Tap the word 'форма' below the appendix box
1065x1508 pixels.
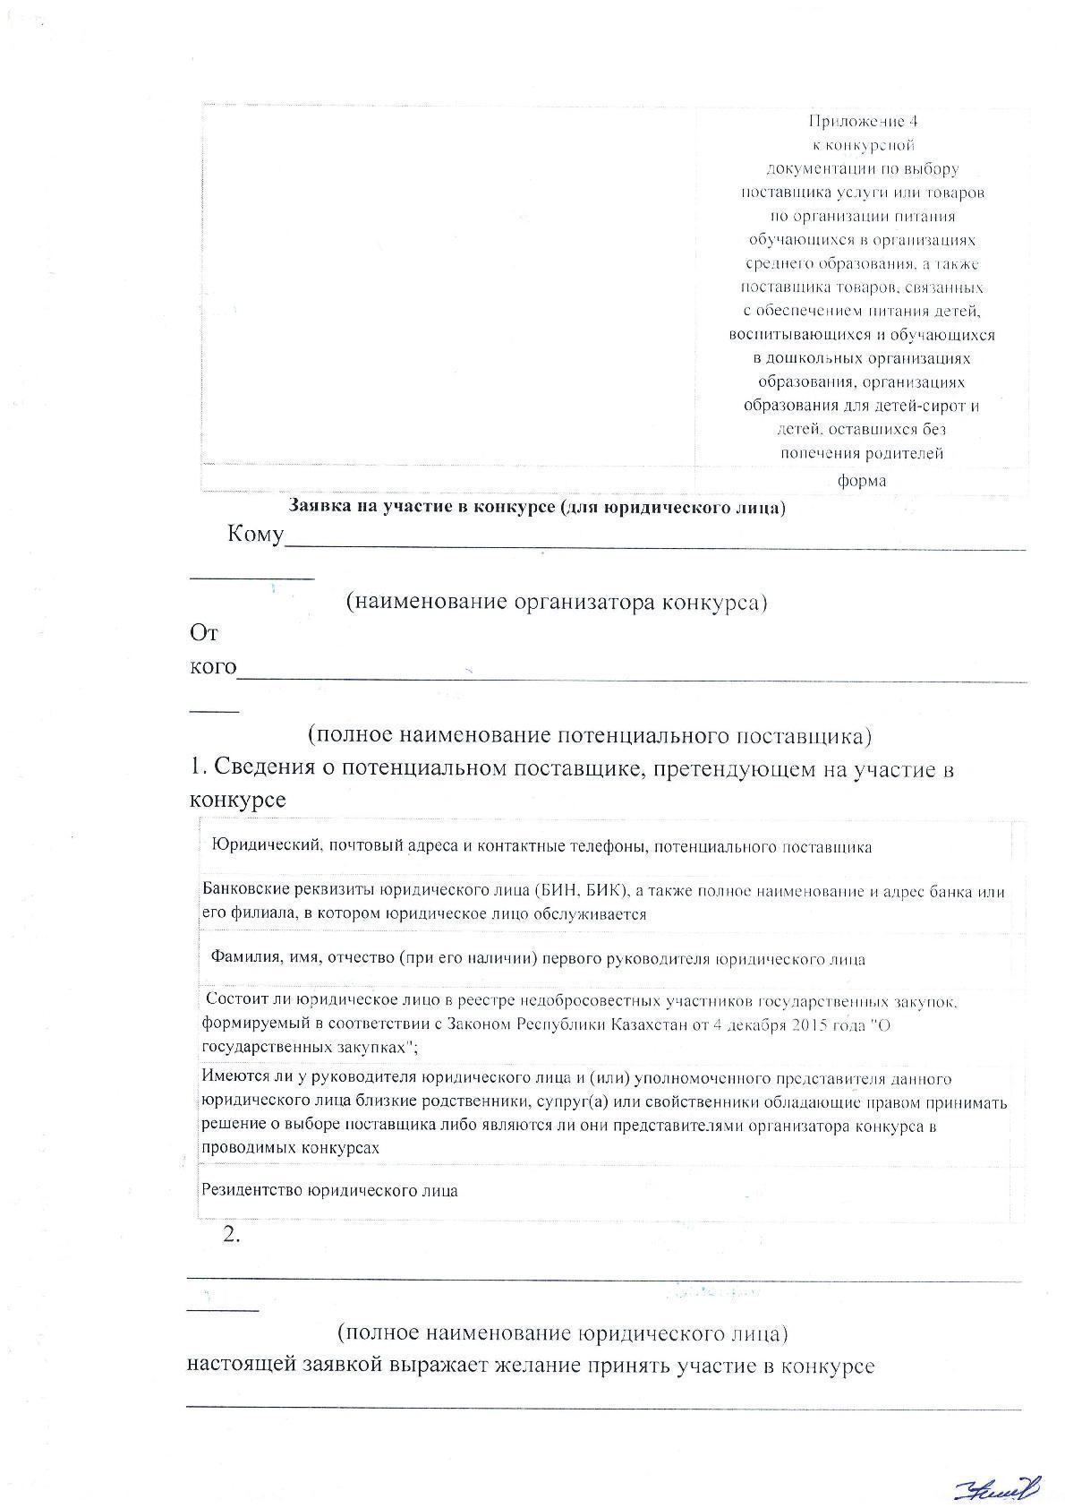click(x=862, y=481)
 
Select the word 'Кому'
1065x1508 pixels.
click(x=255, y=536)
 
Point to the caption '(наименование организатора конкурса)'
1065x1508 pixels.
click(x=557, y=601)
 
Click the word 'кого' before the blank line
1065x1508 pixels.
click(x=213, y=667)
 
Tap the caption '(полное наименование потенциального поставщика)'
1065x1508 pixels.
click(x=589, y=735)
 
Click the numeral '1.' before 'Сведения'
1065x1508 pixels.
click(x=199, y=768)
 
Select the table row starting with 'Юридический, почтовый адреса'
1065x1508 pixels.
click(x=541, y=846)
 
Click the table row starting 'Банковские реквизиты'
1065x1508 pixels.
click(x=603, y=903)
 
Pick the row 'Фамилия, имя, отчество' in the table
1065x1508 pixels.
click(x=537, y=959)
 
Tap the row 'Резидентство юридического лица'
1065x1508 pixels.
click(x=329, y=1190)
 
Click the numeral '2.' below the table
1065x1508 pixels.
click(x=232, y=1234)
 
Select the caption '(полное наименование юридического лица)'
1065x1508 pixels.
click(x=562, y=1332)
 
